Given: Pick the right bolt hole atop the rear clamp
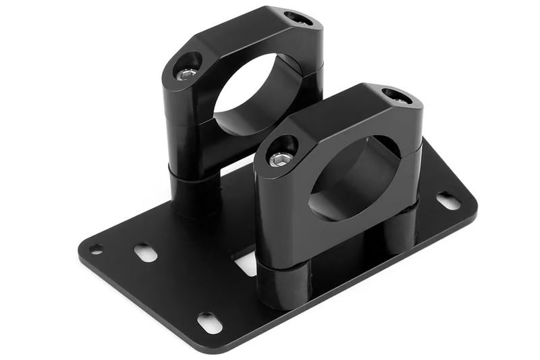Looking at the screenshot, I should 298,18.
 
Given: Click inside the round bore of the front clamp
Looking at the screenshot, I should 351,177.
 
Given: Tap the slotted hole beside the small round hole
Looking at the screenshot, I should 145,253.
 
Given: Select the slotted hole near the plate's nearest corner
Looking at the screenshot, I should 210,323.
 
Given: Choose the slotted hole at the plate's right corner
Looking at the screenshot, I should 448,201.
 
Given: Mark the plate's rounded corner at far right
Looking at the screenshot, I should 473,203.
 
